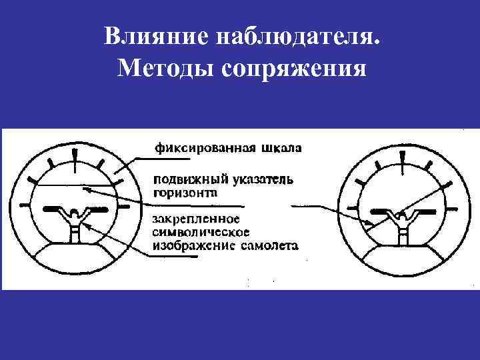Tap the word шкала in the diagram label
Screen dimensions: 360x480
click(x=278, y=147)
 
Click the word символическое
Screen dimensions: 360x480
click(x=201, y=232)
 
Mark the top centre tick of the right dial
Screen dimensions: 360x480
click(x=403, y=159)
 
